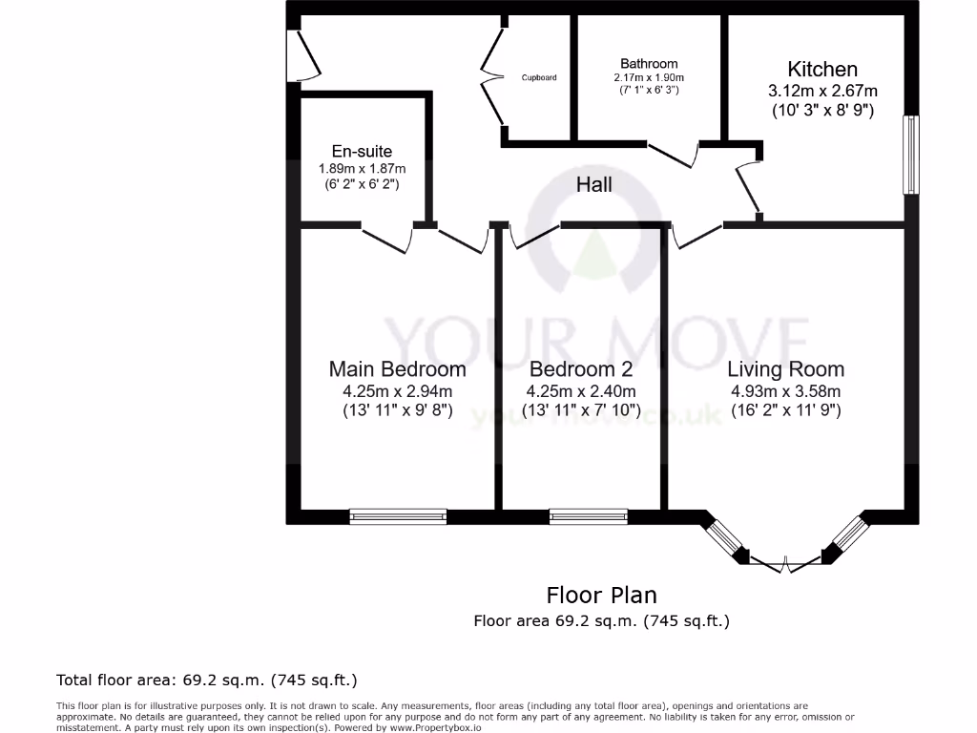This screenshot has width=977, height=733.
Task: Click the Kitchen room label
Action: [x=821, y=69]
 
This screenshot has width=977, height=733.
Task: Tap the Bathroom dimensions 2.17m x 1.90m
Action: [x=649, y=77]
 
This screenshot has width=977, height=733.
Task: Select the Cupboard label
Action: [x=539, y=77]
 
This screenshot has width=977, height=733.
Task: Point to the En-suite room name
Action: [x=362, y=151]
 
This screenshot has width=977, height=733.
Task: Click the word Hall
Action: [x=593, y=185]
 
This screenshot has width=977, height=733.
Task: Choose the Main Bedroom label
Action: [x=397, y=368]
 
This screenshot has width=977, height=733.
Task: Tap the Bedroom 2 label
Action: [x=580, y=368]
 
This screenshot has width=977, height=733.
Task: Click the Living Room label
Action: [x=785, y=368]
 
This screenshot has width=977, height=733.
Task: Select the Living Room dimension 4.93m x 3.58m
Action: [x=785, y=391]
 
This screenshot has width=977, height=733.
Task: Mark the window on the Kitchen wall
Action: [x=911, y=156]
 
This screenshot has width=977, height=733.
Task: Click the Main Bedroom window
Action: [x=398, y=516]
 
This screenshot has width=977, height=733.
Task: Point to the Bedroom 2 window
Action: [x=588, y=516]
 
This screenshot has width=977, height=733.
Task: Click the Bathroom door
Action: [x=674, y=156]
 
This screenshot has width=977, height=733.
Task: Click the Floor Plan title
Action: [x=601, y=596]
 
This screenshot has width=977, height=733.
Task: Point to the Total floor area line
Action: [x=207, y=681]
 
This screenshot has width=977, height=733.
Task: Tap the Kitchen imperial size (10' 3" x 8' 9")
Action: [x=822, y=110]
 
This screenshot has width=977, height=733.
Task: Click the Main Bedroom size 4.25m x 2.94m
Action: [x=397, y=391]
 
